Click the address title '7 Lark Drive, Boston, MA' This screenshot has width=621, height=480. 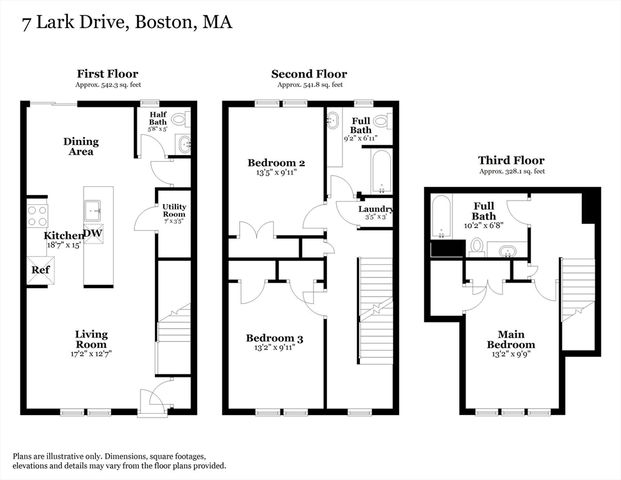[x=120, y=21]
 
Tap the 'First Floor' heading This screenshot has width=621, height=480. [x=107, y=74]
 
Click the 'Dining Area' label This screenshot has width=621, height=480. [x=80, y=147]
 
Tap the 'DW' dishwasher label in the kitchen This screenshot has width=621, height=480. [x=92, y=234]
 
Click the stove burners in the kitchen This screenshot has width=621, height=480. [x=37, y=214]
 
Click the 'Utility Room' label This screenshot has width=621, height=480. [x=174, y=212]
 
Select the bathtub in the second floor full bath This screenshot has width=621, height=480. [x=382, y=173]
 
